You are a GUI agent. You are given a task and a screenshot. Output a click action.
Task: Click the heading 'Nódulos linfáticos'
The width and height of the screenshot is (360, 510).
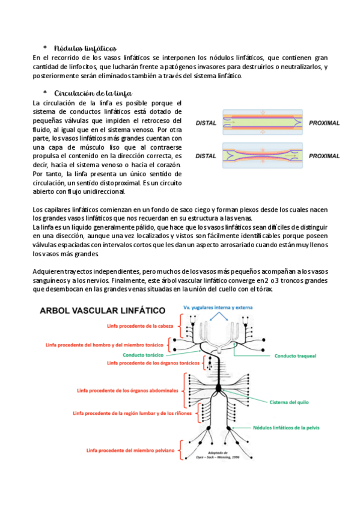(x=85, y=49)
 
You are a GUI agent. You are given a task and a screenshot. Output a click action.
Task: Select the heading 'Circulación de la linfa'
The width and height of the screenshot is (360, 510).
(x=93, y=93)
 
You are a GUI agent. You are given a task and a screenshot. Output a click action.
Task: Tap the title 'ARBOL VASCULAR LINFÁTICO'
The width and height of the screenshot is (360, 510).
(x=103, y=310)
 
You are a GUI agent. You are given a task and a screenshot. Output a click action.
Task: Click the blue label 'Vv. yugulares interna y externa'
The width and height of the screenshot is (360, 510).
(x=218, y=307)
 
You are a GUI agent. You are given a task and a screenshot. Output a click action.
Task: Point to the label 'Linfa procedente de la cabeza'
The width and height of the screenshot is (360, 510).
(x=140, y=326)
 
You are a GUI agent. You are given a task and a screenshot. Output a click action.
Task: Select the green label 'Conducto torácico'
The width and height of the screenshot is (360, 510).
(x=143, y=355)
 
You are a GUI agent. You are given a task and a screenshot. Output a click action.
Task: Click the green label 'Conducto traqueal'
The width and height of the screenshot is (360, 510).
(x=295, y=356)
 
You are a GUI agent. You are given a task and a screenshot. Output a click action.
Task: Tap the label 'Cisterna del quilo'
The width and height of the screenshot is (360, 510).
(x=289, y=402)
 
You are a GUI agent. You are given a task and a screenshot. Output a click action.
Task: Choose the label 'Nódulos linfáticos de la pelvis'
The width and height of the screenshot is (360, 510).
(x=286, y=428)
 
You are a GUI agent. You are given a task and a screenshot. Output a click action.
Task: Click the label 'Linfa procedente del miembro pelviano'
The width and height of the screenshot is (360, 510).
(x=130, y=450)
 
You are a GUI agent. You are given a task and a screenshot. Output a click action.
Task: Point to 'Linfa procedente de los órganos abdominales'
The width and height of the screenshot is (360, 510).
(x=127, y=391)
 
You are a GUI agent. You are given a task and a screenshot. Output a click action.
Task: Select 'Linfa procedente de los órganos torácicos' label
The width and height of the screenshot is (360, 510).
(x=153, y=363)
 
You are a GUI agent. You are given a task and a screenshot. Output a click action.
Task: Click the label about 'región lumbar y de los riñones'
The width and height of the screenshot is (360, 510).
(x=132, y=413)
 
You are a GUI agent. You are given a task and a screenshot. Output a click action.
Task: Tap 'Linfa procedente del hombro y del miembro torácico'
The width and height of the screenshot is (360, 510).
(x=105, y=345)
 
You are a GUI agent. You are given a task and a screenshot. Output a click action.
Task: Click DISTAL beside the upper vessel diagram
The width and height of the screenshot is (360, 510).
(x=206, y=123)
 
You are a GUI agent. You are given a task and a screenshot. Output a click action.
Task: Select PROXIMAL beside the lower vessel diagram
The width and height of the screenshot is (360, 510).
(x=325, y=156)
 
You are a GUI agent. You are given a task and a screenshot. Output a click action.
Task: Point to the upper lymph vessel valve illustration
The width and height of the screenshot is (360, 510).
(x=263, y=122)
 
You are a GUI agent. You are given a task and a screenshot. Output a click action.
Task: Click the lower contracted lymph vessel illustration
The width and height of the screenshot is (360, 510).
(x=263, y=156)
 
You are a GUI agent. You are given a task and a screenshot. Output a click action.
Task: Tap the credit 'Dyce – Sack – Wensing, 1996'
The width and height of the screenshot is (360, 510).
(x=218, y=457)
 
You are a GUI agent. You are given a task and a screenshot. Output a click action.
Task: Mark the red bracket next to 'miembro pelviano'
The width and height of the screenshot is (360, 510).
(x=181, y=450)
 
